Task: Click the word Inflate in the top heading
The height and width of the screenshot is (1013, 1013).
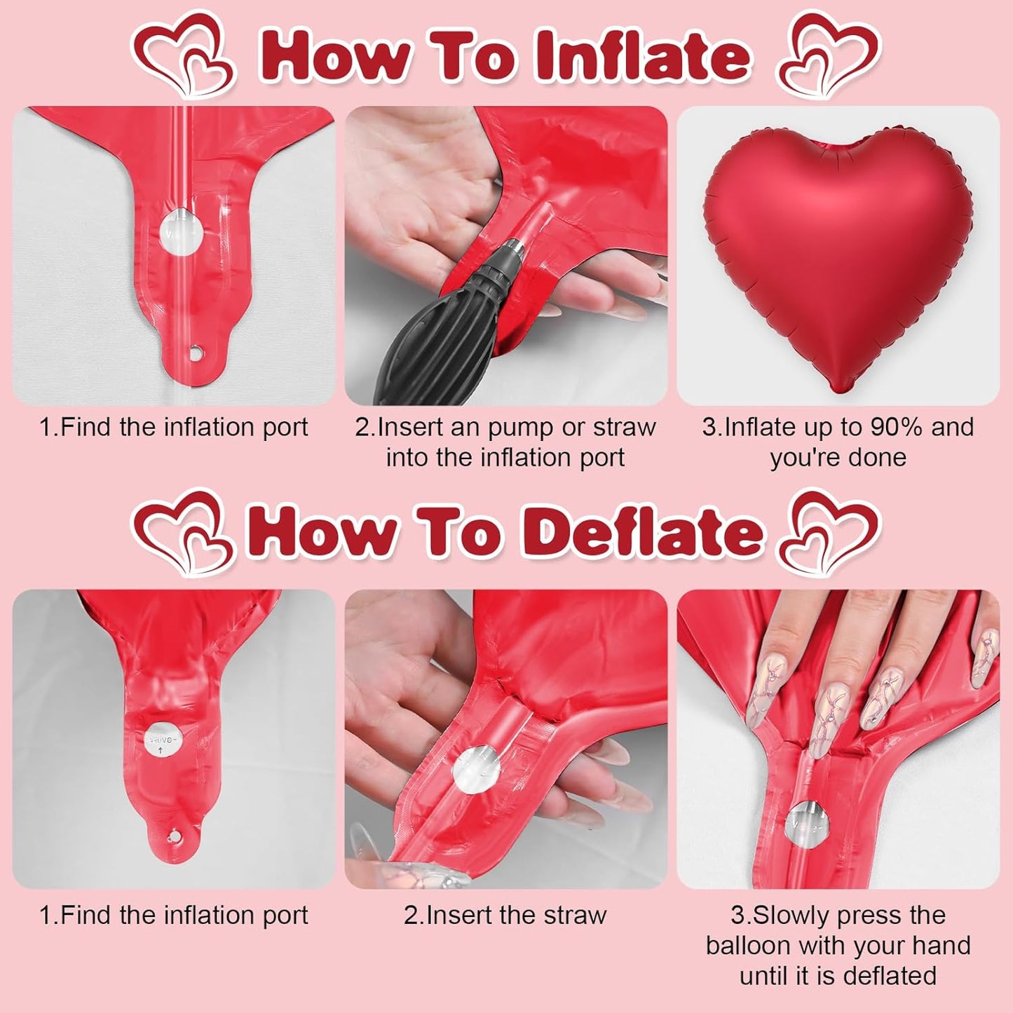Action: click(642, 56)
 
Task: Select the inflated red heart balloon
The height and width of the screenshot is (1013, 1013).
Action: click(838, 252)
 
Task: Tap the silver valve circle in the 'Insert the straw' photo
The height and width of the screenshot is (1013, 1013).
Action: click(477, 769)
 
